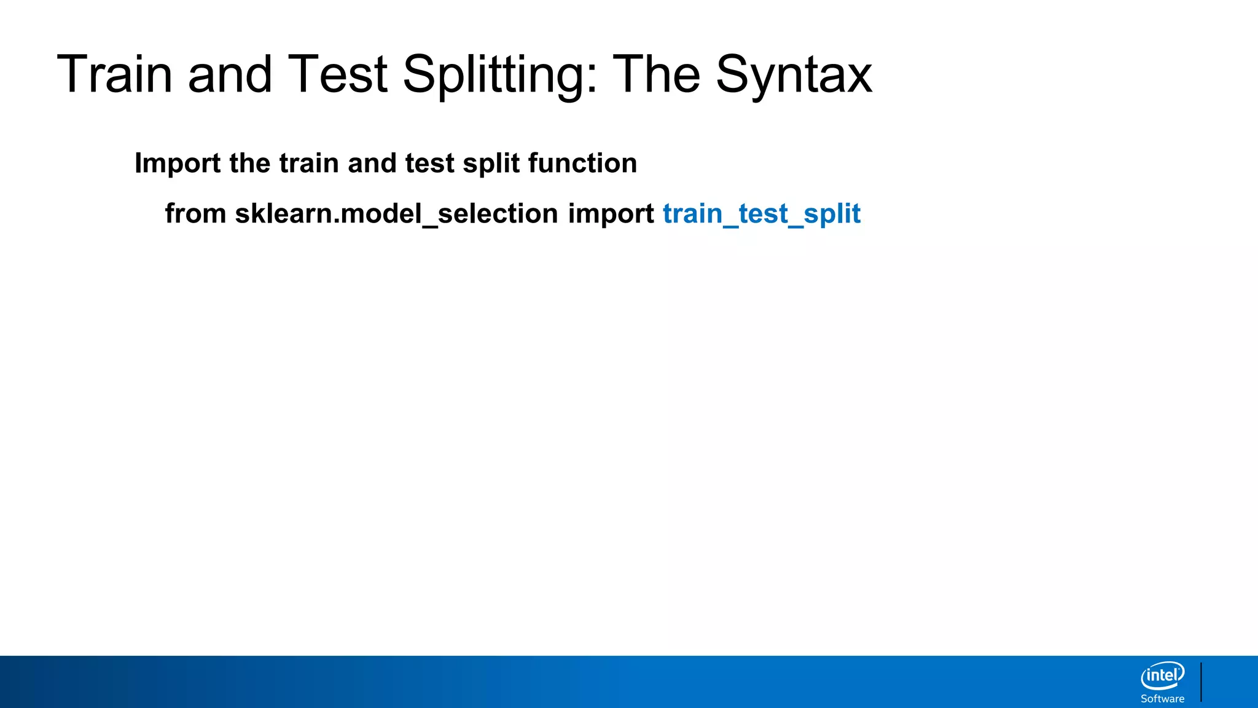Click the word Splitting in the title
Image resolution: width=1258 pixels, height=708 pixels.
coord(500,75)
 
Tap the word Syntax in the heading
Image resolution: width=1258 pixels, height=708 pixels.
coord(794,75)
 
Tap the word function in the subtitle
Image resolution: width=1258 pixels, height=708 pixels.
coord(582,163)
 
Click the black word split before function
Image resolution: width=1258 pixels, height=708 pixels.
coord(491,163)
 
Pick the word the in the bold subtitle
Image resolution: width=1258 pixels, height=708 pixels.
coord(249,163)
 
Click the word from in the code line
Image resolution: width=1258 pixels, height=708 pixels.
coord(195,214)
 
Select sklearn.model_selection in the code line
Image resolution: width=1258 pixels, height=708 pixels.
coord(396,214)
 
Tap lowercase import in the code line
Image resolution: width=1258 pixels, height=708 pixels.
coord(611,214)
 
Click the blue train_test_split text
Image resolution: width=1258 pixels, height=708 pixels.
coord(762,214)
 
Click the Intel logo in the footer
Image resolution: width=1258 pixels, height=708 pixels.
coord(1162,676)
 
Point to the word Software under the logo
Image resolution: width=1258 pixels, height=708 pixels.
coord(1162,699)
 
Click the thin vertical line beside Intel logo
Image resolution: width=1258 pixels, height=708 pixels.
coord(1201,682)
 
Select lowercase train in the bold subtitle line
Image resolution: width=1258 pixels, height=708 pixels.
coord(309,163)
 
